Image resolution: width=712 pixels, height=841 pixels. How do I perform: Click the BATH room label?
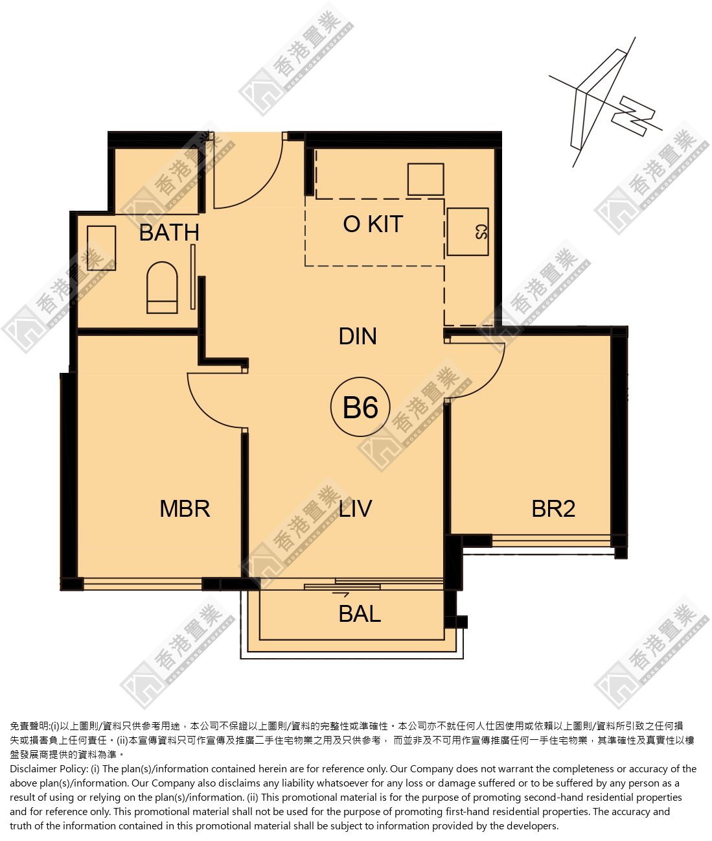[169, 232]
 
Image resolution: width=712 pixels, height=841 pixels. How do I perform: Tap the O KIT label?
[373, 224]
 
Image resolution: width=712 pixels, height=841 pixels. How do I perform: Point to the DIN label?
[358, 336]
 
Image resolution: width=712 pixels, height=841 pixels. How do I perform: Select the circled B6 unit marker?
[360, 407]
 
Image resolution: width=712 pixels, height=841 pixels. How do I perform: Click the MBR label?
[185, 508]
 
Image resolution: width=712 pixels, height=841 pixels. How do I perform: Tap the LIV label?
[356, 508]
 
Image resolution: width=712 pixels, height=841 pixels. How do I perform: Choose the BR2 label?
[553, 508]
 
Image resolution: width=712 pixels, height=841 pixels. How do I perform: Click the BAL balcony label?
[360, 613]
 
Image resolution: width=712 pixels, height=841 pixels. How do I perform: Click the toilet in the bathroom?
[162, 287]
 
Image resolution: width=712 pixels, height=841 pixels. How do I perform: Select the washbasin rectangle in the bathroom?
[101, 248]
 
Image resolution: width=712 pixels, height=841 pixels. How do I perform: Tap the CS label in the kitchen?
[481, 232]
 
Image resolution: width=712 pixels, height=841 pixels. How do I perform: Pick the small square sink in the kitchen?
[426, 180]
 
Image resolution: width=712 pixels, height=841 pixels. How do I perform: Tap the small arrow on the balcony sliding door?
[341, 595]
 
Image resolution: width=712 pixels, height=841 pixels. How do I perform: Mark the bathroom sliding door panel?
[193, 277]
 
